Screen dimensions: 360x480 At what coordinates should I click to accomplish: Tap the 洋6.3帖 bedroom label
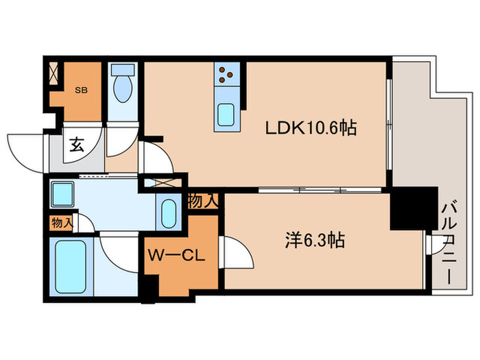pyautogui.click(x=315, y=241)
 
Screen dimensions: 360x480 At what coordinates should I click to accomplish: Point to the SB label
pyautogui.click(x=80, y=89)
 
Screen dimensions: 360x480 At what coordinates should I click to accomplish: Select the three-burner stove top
pyautogui.click(x=228, y=76)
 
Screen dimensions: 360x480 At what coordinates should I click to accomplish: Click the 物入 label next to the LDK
pyautogui.click(x=204, y=201)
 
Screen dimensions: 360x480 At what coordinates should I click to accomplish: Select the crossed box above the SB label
pyautogui.click(x=54, y=71)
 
